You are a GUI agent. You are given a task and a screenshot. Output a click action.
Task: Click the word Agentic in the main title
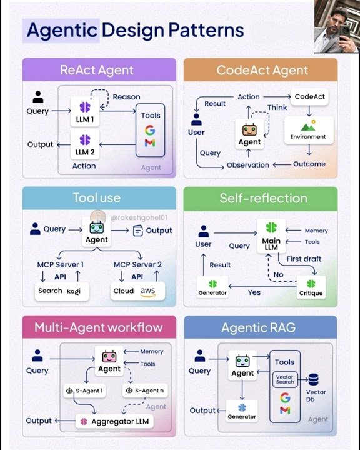[x=62, y=30]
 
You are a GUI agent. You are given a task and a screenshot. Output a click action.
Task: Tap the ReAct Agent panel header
[x=96, y=69]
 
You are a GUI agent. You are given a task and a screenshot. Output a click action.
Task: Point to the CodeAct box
[x=311, y=97]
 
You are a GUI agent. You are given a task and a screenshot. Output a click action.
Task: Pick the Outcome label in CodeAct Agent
[x=309, y=164]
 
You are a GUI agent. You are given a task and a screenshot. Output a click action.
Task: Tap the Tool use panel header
[x=96, y=198]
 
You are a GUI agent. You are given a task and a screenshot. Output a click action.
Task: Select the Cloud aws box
[x=134, y=291]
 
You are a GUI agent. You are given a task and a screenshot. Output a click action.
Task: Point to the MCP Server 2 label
[x=137, y=265]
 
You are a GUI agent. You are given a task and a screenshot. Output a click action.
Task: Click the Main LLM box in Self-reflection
[x=271, y=236]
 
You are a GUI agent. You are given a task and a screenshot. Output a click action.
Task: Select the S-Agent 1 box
[x=84, y=391]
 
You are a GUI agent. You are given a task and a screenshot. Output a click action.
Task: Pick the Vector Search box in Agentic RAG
[x=285, y=379]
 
